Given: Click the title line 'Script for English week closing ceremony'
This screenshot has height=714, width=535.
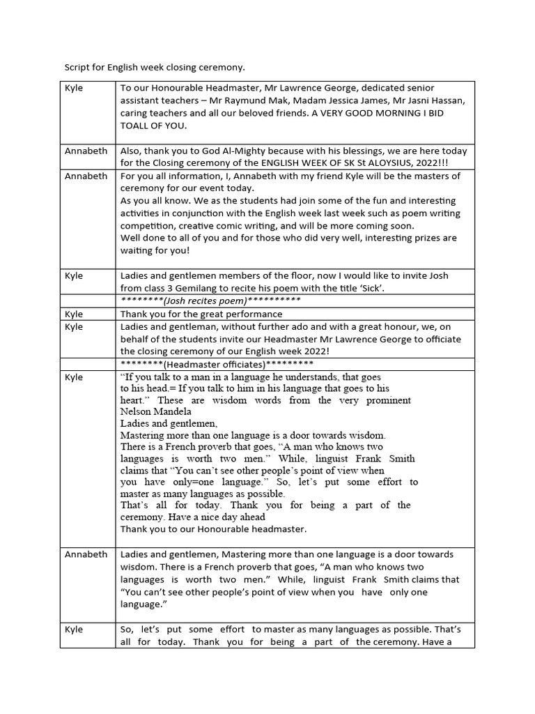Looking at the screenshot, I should click(x=155, y=68).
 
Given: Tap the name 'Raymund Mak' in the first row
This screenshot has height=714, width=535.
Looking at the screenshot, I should click(x=265, y=100).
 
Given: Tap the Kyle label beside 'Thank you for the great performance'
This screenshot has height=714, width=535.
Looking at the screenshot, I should click(x=74, y=314).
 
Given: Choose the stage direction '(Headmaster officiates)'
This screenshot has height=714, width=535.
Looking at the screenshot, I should click(x=216, y=364).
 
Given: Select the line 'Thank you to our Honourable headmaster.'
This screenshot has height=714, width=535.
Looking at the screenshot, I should click(x=213, y=529).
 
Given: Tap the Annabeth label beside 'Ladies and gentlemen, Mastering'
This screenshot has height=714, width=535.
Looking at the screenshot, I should click(x=86, y=554).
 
